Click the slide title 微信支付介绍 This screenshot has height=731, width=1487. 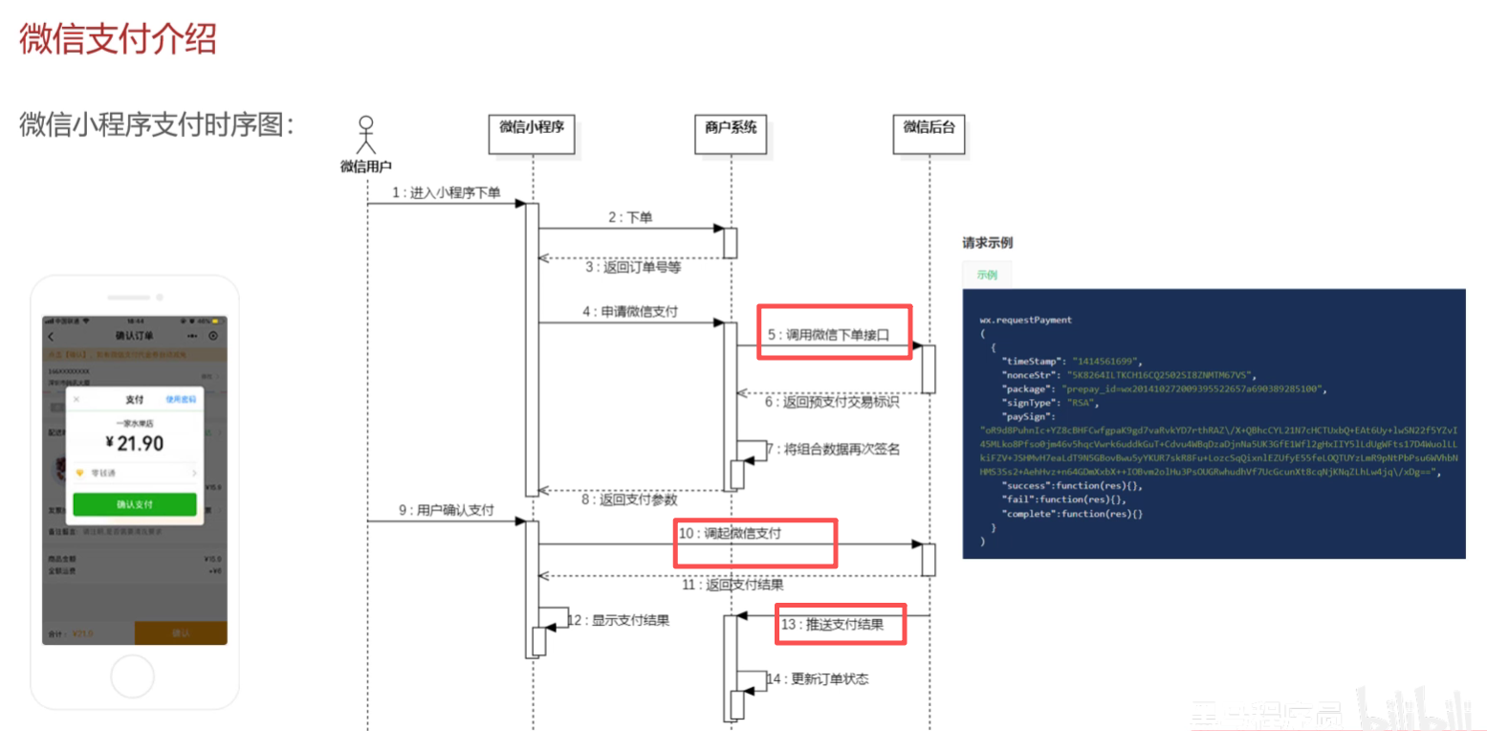[119, 39]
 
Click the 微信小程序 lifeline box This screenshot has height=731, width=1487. [533, 133]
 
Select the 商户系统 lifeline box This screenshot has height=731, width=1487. [731, 133]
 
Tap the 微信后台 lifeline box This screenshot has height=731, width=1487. [929, 133]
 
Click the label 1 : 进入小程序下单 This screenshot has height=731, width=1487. [446, 193]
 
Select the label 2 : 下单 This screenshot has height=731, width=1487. [630, 218]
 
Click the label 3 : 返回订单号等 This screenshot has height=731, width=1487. [633, 268]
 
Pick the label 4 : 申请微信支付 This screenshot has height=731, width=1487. [632, 312]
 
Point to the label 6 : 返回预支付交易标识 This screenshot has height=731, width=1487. [831, 402]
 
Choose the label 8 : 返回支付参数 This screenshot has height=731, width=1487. [632, 500]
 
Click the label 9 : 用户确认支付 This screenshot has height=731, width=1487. [446, 511]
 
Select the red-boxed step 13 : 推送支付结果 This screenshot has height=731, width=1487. [841, 625]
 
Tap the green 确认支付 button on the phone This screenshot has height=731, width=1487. [135, 504]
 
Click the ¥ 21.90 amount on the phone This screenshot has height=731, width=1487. [135, 443]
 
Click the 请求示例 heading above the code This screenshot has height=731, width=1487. [987, 243]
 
